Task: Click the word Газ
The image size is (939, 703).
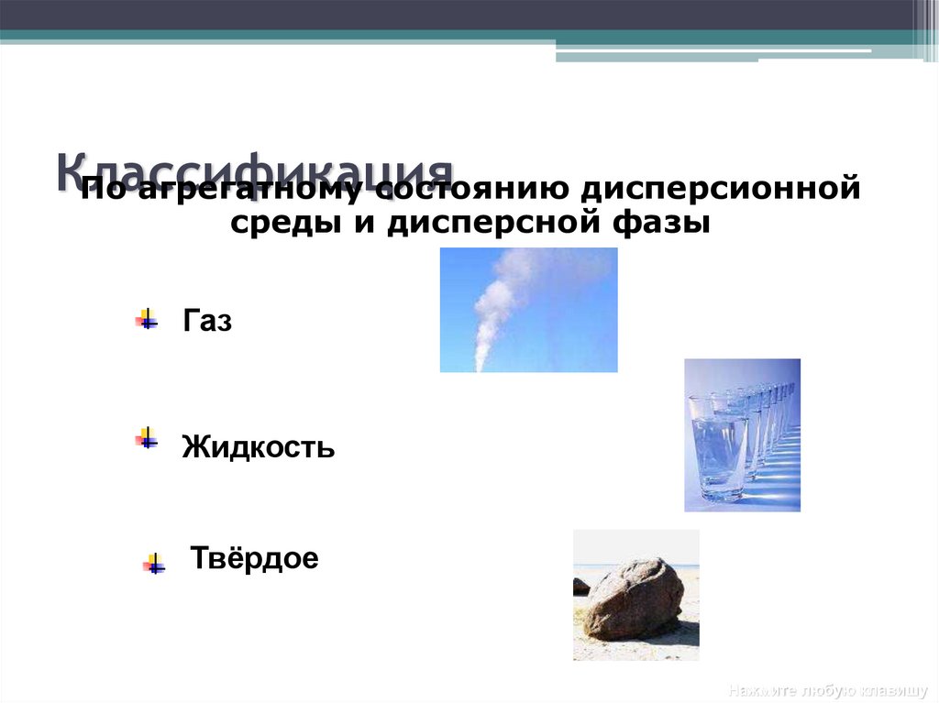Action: tap(207, 322)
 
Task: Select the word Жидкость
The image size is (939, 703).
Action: tap(258, 448)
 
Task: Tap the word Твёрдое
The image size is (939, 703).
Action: tap(254, 558)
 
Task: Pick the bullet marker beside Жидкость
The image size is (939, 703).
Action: tap(147, 437)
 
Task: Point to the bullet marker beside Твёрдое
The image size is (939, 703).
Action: tap(154, 564)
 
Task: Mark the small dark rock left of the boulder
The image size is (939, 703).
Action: tap(580, 587)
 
